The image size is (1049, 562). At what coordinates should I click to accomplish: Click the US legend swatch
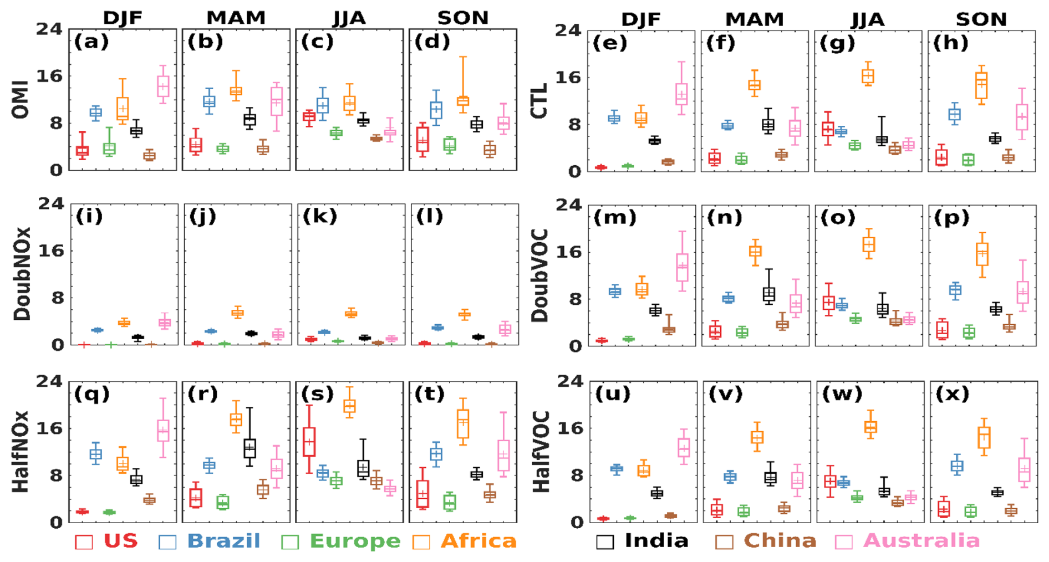(84, 541)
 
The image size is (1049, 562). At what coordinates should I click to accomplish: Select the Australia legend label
(921, 541)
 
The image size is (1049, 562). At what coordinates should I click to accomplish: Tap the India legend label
(656, 541)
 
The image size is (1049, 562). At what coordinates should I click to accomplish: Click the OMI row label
(21, 101)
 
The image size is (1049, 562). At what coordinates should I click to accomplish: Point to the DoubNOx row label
(22, 274)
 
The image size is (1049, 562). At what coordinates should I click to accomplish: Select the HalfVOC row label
(541, 452)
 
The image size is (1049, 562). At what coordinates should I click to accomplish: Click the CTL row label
(539, 101)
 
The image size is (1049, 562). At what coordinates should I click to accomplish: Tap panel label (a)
(91, 42)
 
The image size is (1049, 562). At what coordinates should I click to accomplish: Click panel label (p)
(952, 218)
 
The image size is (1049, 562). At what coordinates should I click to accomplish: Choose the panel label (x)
(952, 394)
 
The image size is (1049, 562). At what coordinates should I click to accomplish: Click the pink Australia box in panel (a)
(163, 86)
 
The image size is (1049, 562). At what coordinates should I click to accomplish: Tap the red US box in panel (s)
(309, 442)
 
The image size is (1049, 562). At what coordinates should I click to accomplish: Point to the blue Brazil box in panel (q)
(95, 454)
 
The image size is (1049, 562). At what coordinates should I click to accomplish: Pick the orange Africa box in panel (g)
(868, 76)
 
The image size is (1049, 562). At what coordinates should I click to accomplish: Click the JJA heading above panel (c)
(349, 18)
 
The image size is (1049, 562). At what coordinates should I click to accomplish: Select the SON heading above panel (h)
(981, 19)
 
